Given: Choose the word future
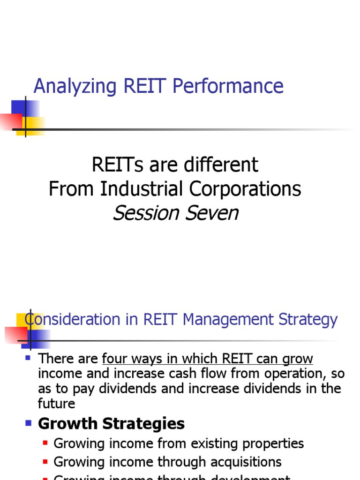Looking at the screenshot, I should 57,404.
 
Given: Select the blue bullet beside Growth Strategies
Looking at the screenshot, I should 28,423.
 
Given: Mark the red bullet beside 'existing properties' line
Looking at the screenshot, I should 45,443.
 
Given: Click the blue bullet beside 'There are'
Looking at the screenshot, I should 28,358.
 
